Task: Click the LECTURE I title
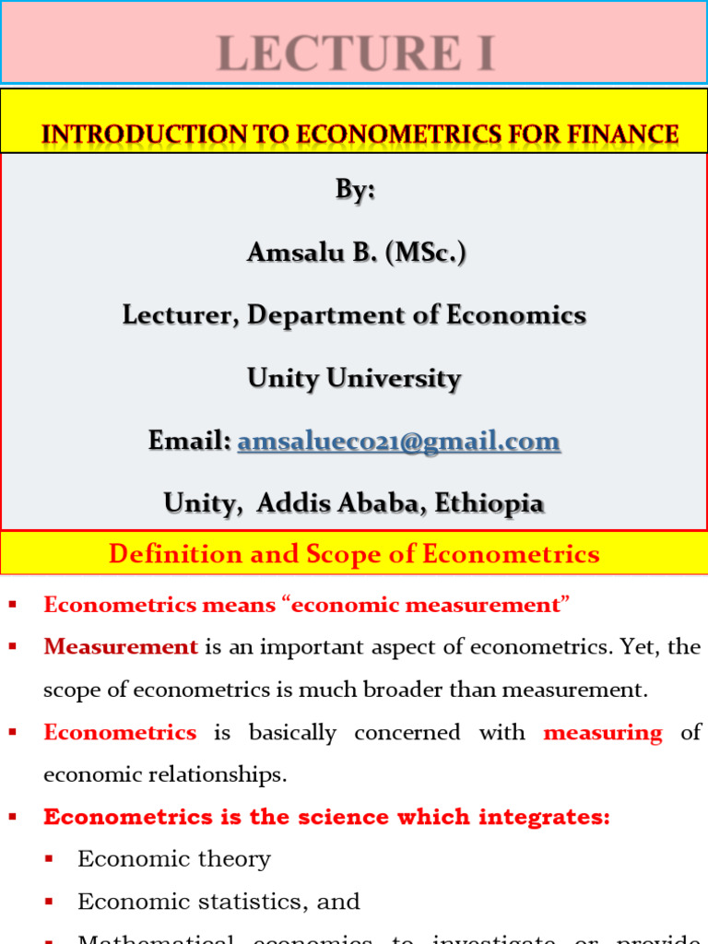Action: [x=356, y=53]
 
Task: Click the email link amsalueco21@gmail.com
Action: [x=398, y=442]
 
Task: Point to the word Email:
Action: [x=189, y=442]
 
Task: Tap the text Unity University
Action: [x=354, y=378]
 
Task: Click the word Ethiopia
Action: [x=489, y=503]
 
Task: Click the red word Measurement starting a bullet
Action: [x=121, y=647]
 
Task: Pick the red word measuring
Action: [x=603, y=733]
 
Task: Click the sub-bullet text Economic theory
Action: [x=174, y=859]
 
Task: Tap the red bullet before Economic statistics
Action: [x=49, y=902]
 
